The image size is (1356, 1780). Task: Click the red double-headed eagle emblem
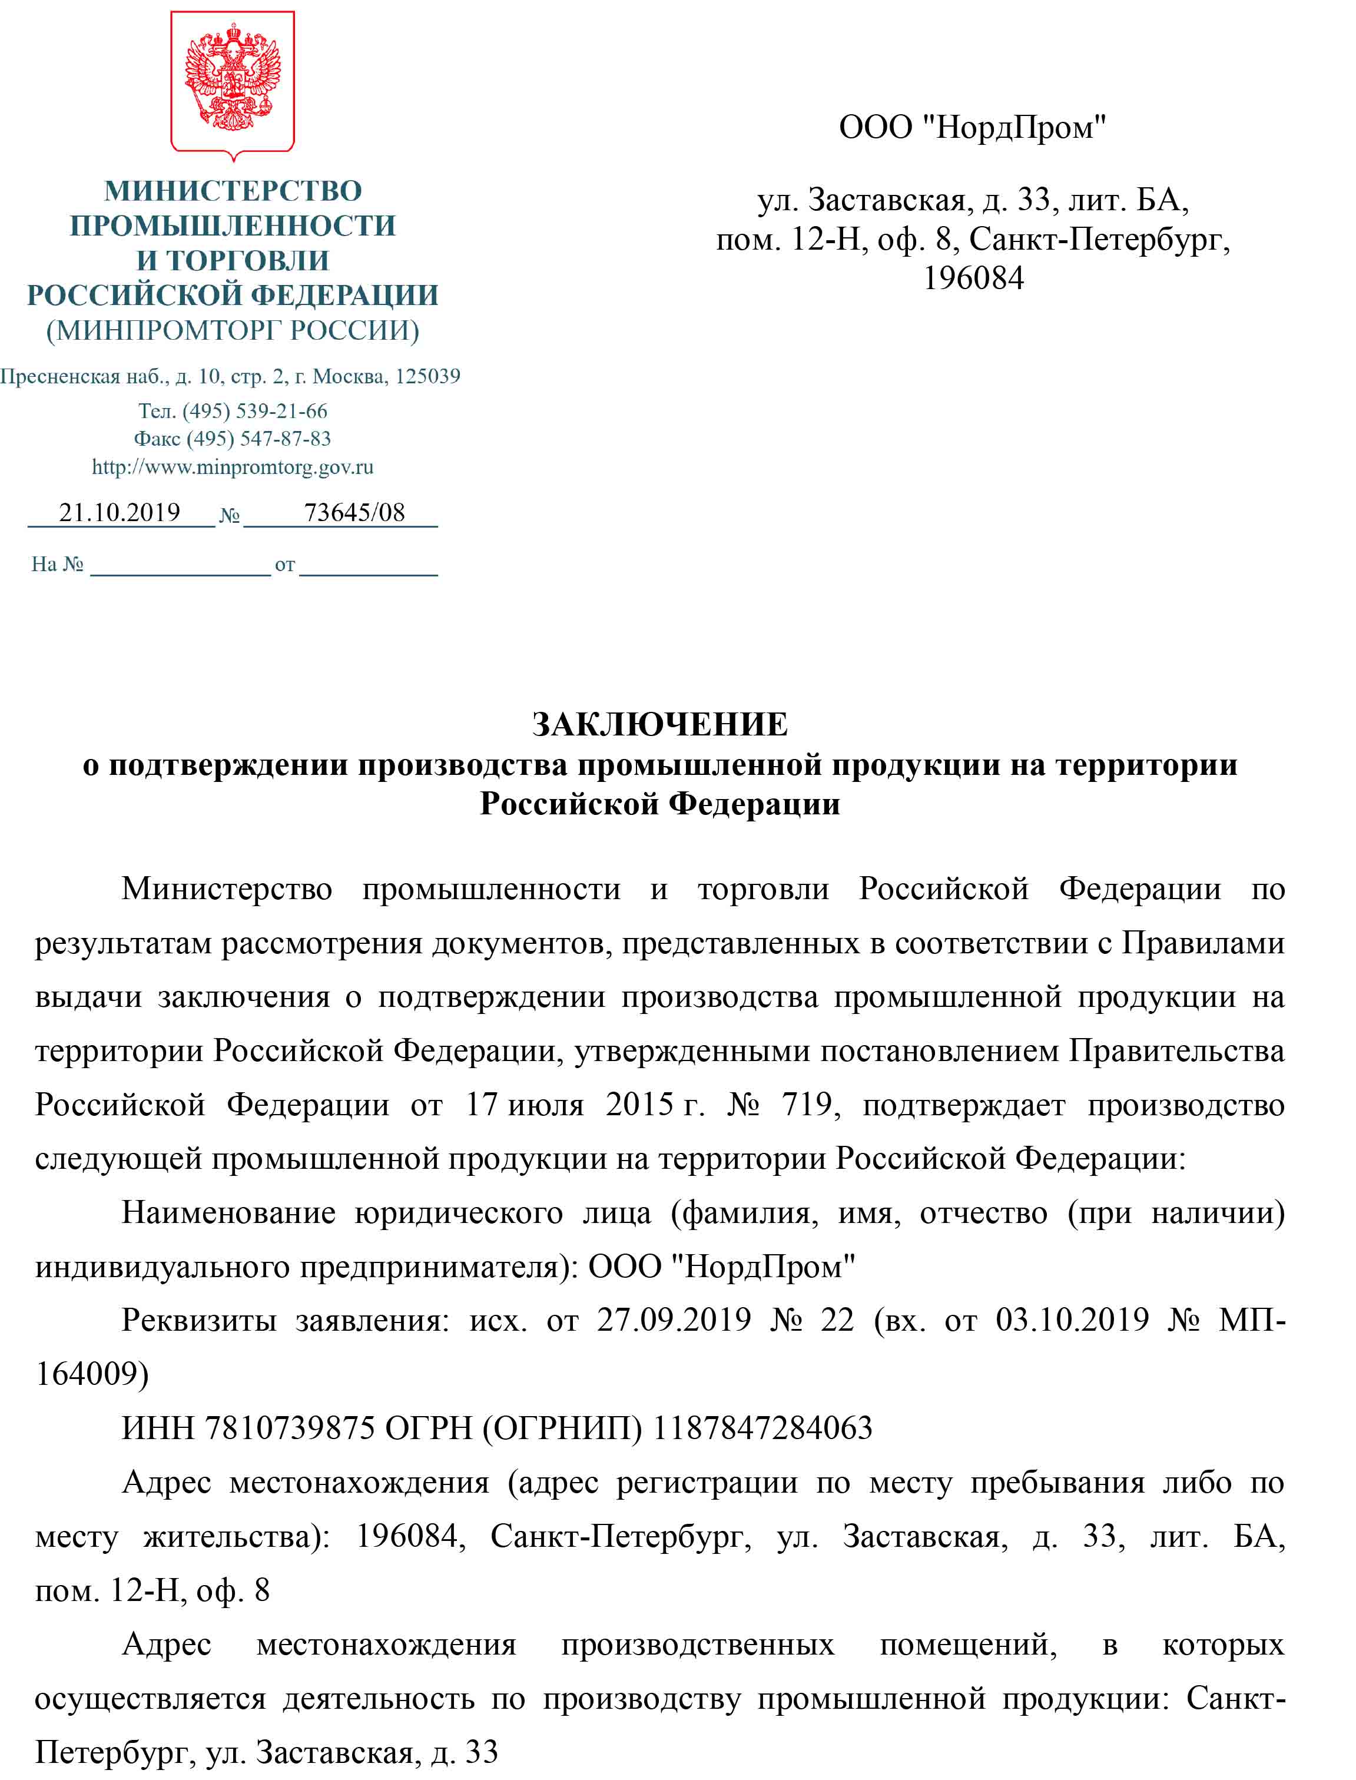(233, 78)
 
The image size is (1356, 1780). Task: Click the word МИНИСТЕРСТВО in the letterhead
(233, 191)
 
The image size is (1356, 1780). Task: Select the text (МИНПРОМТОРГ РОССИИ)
(233, 330)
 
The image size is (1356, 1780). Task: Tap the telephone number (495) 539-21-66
(254, 411)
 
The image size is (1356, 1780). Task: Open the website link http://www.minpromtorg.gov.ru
(233, 466)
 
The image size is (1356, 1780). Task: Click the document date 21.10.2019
(120, 513)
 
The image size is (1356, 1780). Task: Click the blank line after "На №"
(180, 565)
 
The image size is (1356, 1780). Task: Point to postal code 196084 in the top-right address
(973, 278)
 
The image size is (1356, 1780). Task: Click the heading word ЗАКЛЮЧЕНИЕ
(659, 724)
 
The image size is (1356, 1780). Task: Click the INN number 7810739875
(289, 1428)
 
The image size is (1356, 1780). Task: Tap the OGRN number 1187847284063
(762, 1428)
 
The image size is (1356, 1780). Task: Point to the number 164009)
(92, 1374)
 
